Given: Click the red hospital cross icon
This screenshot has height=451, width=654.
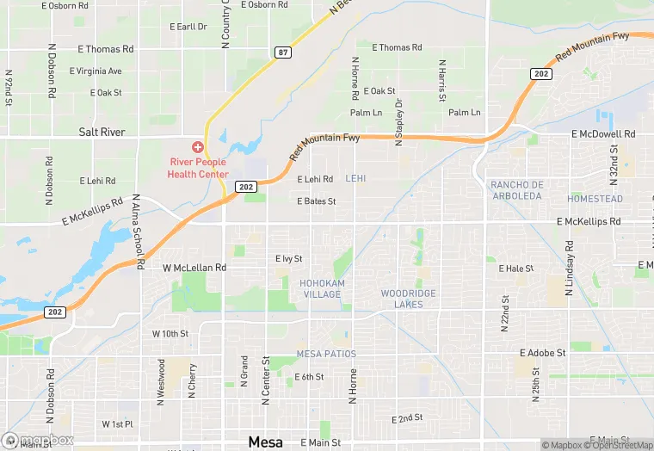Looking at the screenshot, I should [x=198, y=148].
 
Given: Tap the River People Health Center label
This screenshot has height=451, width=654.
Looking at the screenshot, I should [x=198, y=167].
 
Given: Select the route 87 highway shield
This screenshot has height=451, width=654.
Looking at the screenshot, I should [x=283, y=53].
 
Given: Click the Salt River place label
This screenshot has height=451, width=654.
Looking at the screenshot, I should [x=102, y=133].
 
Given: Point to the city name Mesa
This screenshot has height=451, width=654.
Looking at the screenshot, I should [x=265, y=442].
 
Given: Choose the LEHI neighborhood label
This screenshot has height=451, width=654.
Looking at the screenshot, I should [x=356, y=179].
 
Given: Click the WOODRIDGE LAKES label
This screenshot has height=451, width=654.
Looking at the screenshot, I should [x=409, y=299].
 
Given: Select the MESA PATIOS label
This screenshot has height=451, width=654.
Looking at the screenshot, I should [x=326, y=354].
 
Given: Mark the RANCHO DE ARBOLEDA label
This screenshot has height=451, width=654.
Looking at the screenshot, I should [x=517, y=190].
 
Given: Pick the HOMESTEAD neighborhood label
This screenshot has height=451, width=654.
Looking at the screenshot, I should [x=595, y=199].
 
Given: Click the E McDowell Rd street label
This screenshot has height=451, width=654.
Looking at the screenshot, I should [x=603, y=134].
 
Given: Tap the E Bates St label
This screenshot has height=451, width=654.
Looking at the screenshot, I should [x=316, y=201].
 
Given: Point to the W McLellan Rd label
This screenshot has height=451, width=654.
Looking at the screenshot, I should [x=194, y=269].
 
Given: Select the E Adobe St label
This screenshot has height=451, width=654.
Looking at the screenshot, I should [x=542, y=353].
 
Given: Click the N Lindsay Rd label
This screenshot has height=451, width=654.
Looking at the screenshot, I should [x=569, y=269].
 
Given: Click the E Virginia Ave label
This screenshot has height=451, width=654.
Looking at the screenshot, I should [x=96, y=71].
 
